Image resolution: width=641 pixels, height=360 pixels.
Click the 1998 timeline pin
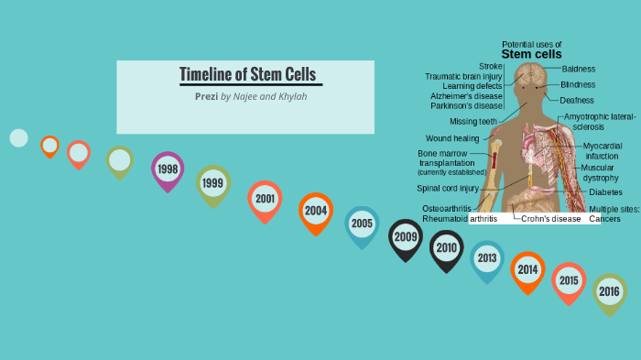168,169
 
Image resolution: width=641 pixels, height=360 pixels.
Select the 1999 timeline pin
212,183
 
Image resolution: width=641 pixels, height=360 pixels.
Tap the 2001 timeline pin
265,199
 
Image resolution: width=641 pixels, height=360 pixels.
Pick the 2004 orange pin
316,211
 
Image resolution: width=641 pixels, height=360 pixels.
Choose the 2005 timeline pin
362,224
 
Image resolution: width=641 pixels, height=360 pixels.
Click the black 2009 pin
406,236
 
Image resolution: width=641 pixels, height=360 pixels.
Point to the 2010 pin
446,247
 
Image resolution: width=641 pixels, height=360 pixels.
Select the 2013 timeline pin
486,258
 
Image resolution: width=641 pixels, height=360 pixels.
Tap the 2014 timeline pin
527,269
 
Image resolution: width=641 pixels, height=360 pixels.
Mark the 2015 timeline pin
569,280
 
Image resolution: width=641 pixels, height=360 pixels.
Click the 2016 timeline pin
610,292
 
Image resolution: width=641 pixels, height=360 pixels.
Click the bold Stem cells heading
531,54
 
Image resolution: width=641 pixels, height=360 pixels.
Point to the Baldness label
578,69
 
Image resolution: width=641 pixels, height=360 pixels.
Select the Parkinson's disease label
466,105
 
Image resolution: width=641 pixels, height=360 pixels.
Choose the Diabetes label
606,192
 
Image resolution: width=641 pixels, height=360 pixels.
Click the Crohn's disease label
551,219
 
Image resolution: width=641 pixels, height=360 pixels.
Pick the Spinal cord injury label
448,189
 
